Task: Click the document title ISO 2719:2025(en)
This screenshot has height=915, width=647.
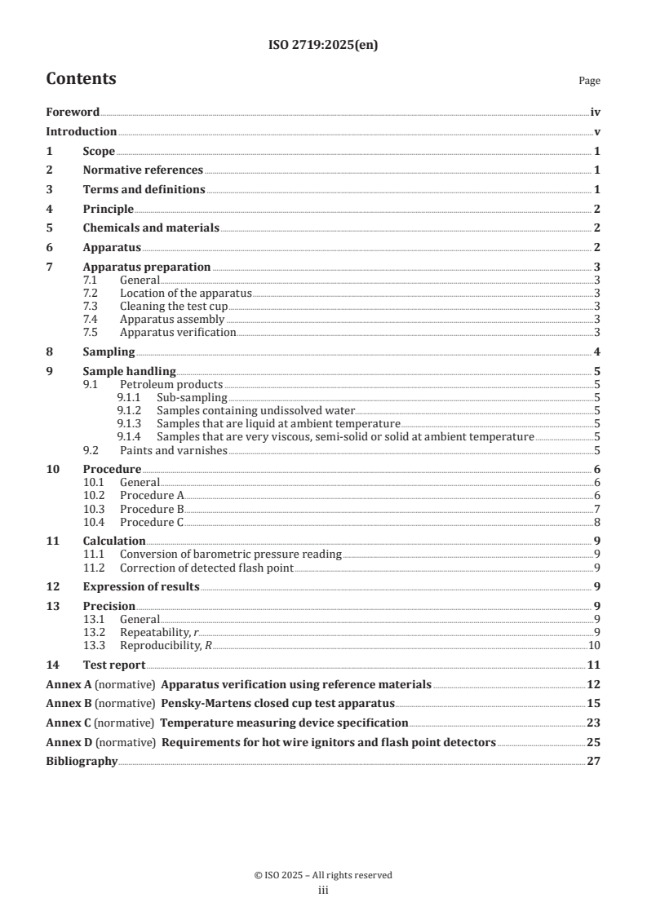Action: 323,46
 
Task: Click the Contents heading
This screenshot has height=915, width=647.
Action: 81,79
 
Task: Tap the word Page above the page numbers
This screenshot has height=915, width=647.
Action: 589,81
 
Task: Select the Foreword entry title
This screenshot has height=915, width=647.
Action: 73,113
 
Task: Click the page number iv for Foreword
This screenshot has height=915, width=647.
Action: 596,113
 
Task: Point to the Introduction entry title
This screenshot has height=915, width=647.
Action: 81,131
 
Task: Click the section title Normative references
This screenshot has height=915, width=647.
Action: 143,170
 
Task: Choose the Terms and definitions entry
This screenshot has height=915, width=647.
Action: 144,190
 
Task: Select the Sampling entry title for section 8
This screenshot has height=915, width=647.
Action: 109,352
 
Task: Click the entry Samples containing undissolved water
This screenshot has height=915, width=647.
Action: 256,411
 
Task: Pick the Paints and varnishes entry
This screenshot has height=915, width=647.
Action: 173,450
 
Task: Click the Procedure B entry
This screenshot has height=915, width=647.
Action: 153,509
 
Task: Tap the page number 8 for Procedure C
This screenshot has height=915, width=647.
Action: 598,522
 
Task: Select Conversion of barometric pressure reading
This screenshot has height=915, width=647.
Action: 231,555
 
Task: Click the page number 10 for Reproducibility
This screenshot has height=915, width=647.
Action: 596,646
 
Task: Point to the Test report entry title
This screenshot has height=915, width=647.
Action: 114,665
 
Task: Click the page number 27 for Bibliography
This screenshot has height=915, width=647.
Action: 595,763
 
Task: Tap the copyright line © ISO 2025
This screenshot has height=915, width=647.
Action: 323,875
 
